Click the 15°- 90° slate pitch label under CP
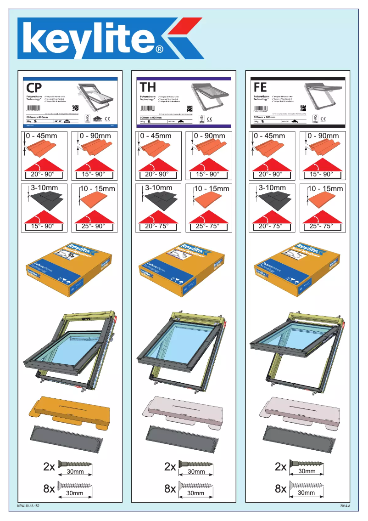click(39, 226)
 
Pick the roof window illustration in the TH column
click(184, 349)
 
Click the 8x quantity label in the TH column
click(170, 489)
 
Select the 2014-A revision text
click(346, 506)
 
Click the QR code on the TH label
click(189, 108)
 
